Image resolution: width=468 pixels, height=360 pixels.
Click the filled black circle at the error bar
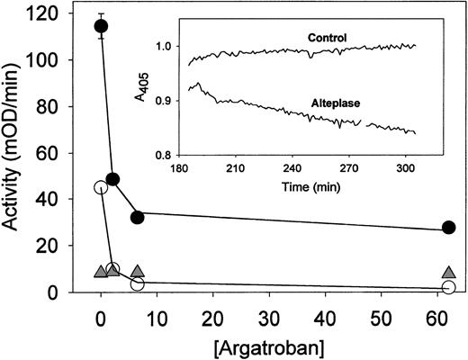pyautogui.click(x=102, y=26)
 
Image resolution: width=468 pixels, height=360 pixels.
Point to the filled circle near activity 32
pyautogui.click(x=138, y=217)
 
